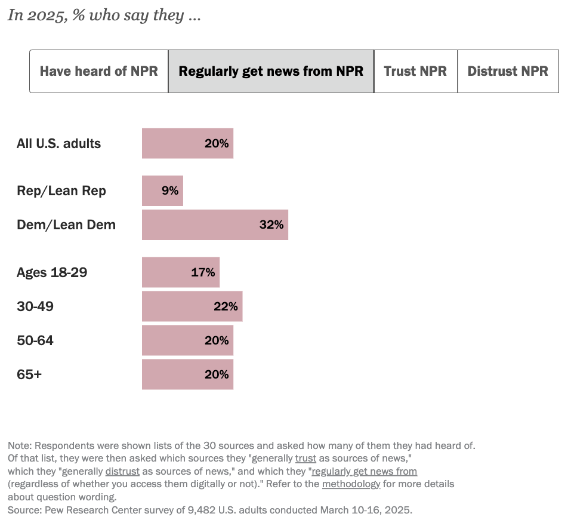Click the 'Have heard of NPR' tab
(x=99, y=72)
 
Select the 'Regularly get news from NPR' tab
(x=271, y=72)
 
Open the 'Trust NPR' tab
(x=415, y=72)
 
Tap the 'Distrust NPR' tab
(x=508, y=72)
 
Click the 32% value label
(x=271, y=225)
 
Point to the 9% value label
(x=170, y=191)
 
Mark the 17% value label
(x=203, y=272)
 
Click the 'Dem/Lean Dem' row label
(x=66, y=225)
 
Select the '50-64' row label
(x=35, y=340)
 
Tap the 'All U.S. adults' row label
(x=58, y=143)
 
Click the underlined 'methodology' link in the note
(x=351, y=484)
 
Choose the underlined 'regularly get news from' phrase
(x=364, y=471)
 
